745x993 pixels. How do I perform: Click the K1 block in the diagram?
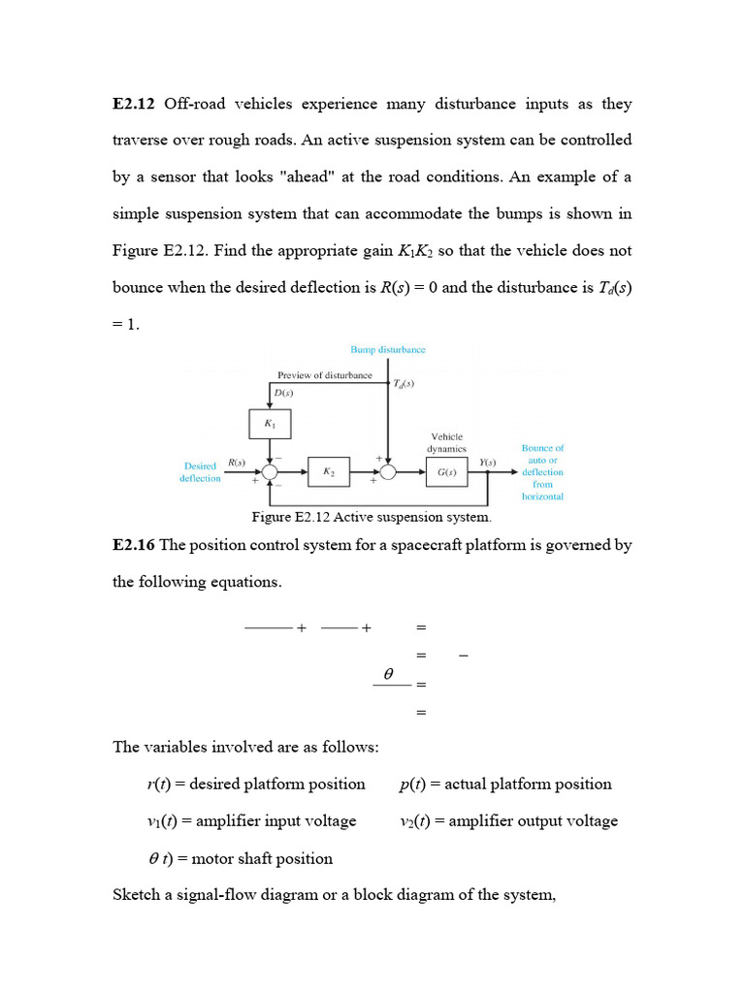270,424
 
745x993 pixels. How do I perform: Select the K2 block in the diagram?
329,471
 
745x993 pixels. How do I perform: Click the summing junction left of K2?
270,471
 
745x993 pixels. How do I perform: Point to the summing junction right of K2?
388,471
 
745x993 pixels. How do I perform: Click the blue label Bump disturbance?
387,349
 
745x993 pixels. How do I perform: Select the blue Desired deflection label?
201,472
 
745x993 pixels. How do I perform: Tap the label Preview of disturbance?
324,374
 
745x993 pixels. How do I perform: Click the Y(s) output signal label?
488,462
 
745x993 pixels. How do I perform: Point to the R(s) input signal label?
236,462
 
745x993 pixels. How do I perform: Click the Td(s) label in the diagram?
404,383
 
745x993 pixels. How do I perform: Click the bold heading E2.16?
134,545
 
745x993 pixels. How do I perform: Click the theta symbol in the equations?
388,672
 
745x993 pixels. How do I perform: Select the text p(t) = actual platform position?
505,784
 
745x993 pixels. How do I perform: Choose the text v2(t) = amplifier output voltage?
508,820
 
